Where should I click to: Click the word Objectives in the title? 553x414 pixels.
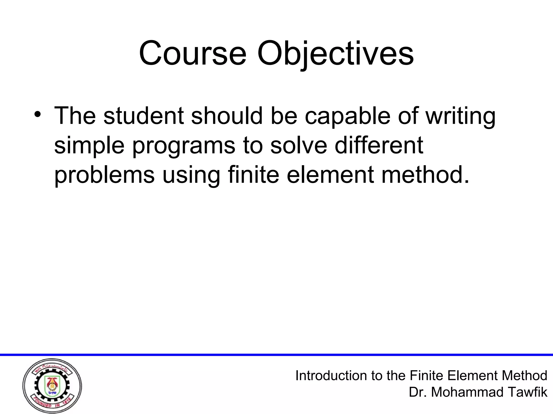click(x=335, y=54)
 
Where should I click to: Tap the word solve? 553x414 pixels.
click(x=298, y=146)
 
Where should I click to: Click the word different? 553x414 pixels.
click(x=379, y=146)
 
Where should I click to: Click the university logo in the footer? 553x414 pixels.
click(x=52, y=386)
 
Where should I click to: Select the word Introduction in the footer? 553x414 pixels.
click(x=331, y=375)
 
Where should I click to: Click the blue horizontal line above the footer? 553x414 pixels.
click(x=276, y=355)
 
